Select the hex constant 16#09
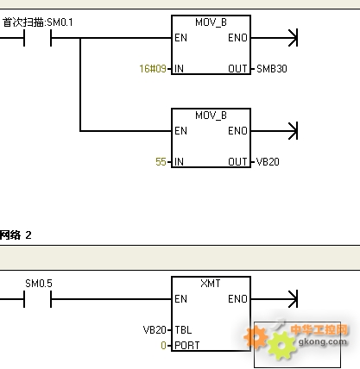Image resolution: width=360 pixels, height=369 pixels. [x=153, y=69]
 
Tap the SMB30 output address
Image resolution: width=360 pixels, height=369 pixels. [x=272, y=69]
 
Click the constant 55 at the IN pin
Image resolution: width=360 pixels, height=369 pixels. [x=161, y=162]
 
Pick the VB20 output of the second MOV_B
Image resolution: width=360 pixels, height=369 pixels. [x=268, y=162]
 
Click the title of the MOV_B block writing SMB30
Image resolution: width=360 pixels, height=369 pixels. [x=211, y=22]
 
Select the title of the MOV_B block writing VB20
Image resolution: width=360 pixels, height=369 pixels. [x=211, y=116]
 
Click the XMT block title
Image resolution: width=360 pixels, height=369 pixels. [x=211, y=284]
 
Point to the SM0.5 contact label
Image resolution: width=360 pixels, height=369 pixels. [x=39, y=284]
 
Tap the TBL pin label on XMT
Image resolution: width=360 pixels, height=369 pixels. [x=183, y=330]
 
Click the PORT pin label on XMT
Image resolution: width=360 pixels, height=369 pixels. [x=187, y=345]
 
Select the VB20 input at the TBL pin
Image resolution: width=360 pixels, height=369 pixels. [x=155, y=330]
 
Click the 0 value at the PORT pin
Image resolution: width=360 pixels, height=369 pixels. [x=163, y=345]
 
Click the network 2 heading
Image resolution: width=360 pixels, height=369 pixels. [x=16, y=235]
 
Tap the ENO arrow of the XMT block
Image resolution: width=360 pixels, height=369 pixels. [x=274, y=299]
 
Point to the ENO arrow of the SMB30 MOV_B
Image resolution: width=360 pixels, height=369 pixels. [x=274, y=38]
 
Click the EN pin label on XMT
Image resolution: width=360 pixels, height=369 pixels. [x=180, y=299]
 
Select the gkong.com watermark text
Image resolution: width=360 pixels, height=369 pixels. [x=322, y=341]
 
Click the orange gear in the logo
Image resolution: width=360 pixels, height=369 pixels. [x=256, y=337]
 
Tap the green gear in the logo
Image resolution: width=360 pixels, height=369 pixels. [x=281, y=345]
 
